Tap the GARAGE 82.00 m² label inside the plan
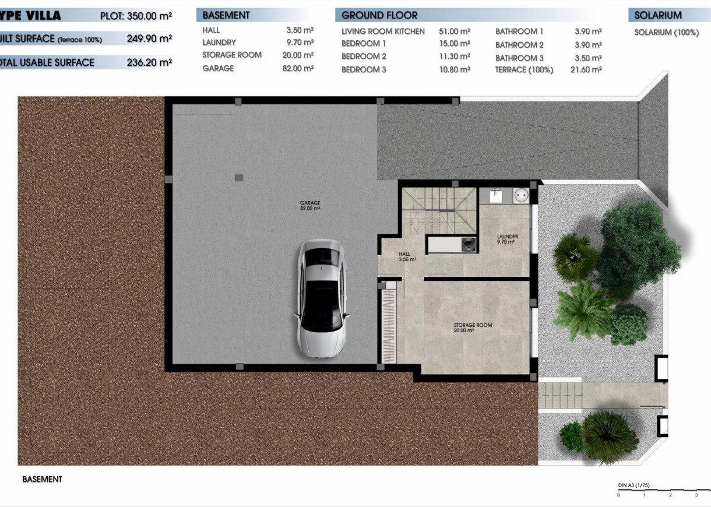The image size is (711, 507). [x=310, y=205]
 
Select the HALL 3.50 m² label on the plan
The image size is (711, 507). [x=406, y=256]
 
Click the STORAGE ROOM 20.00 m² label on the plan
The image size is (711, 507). [x=473, y=328]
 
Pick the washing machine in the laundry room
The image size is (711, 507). [x=520, y=196]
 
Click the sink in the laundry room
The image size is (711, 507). [x=497, y=195]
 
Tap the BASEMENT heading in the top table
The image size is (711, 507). [x=226, y=15]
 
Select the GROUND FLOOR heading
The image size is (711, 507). [x=379, y=15]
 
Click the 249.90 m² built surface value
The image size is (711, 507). [x=149, y=39]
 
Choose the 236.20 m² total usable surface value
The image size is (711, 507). [x=149, y=62]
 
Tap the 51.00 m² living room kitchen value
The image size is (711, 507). [x=454, y=31]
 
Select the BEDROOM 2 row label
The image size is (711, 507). [x=364, y=57]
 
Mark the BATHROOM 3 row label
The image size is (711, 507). [x=519, y=58]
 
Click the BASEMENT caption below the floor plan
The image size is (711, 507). [x=42, y=479]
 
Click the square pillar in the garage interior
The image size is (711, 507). [x=239, y=178]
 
